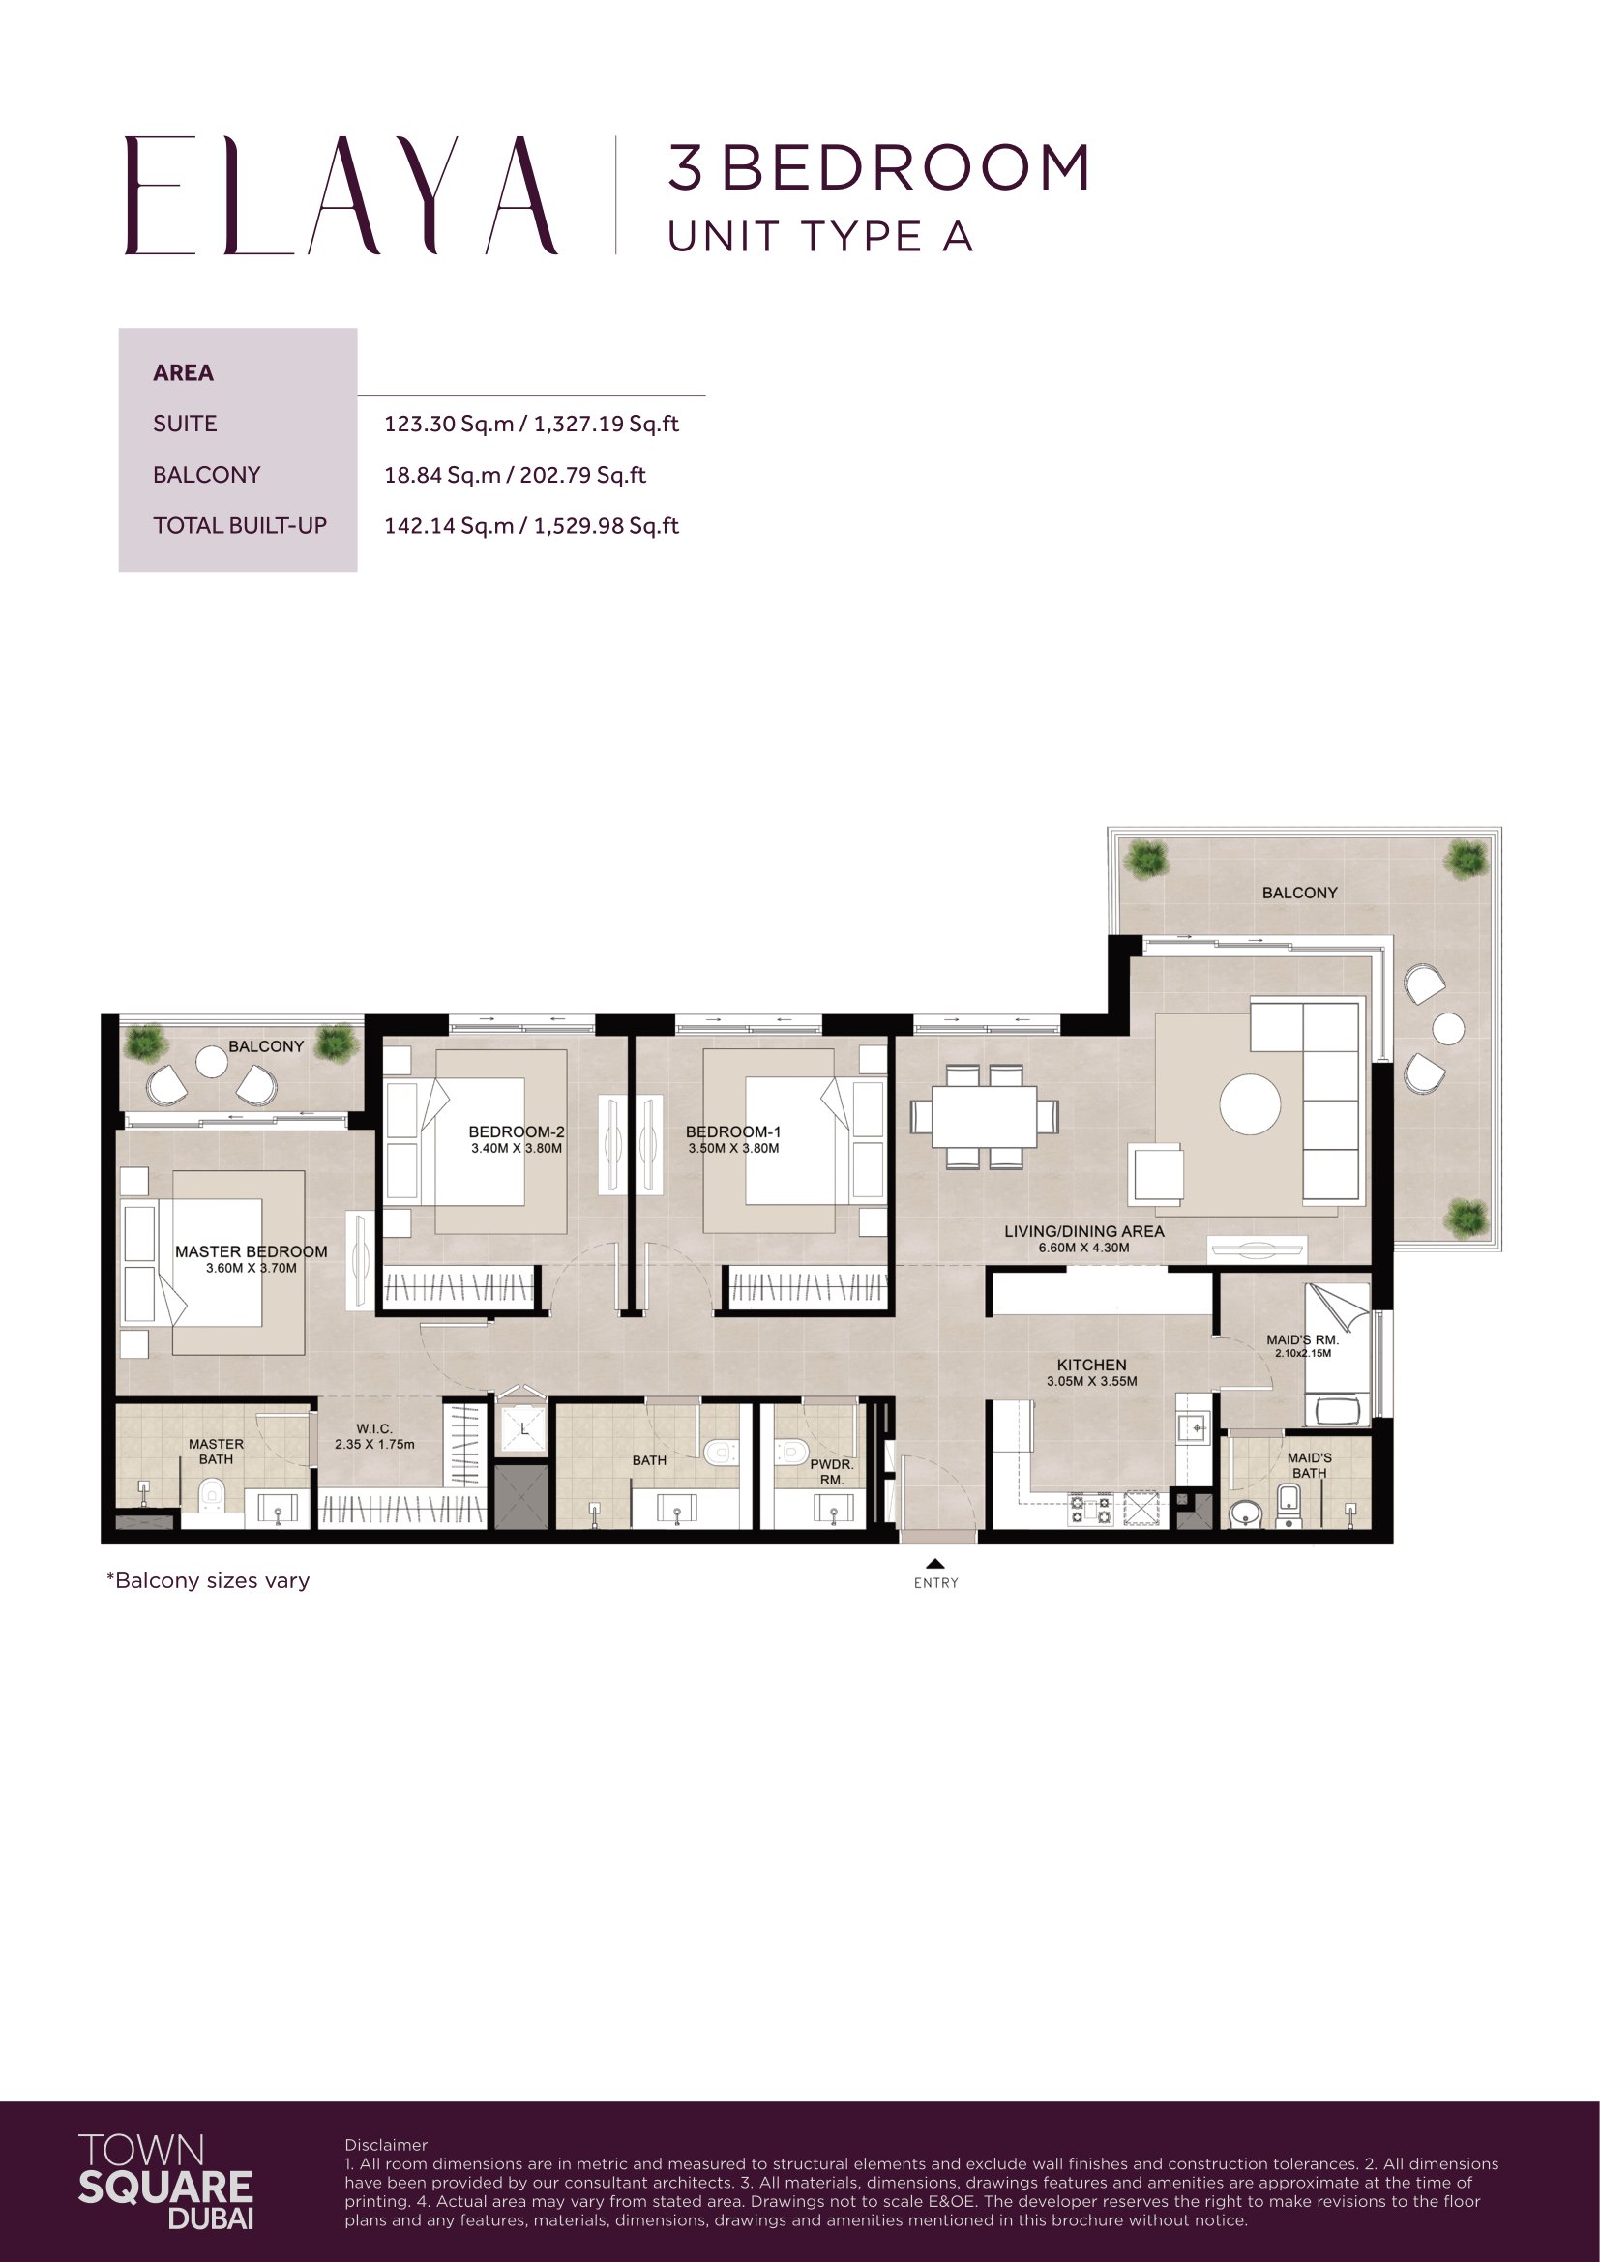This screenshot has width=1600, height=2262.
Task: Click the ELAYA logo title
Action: [x=341, y=195]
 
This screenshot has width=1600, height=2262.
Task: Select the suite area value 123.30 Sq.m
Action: [x=448, y=424]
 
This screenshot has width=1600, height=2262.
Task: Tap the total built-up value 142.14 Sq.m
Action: [x=448, y=526]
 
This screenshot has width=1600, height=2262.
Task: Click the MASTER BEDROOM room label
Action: [x=252, y=1251]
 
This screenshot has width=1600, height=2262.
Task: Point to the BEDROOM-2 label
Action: [x=517, y=1132]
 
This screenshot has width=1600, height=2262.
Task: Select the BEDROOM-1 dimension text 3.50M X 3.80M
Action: [x=733, y=1149]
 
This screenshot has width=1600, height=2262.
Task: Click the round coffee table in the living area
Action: [x=1249, y=1104]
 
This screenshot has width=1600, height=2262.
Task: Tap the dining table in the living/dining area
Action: [x=984, y=1116]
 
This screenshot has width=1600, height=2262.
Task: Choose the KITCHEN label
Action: [x=1091, y=1365]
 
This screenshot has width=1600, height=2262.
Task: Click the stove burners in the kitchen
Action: [x=1090, y=1510]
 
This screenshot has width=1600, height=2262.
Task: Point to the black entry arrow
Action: [x=935, y=1563]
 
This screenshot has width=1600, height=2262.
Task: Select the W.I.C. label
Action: [x=374, y=1428]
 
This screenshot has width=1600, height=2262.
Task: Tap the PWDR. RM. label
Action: [x=832, y=1472]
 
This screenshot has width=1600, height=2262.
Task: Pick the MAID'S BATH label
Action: [x=1310, y=1465]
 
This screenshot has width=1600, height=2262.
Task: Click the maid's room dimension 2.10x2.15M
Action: [x=1302, y=1354]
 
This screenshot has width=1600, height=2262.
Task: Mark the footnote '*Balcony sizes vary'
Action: [x=208, y=1580]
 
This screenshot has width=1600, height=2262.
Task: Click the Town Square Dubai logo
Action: [x=165, y=2181]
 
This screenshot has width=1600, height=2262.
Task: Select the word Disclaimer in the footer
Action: [x=386, y=2145]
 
